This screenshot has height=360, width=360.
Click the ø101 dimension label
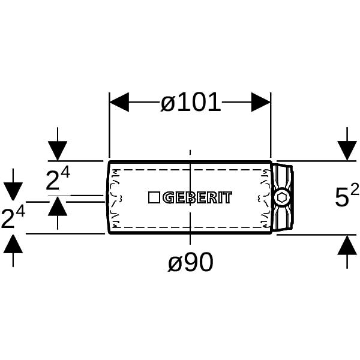tap(190, 103)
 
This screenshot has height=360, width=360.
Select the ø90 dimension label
tap(191, 262)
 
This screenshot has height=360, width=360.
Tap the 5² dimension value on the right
tap(347, 195)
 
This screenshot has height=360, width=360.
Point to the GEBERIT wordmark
tap(197, 197)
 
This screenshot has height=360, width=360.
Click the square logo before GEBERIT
tap(154, 197)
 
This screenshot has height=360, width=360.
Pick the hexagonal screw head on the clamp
tap(282, 197)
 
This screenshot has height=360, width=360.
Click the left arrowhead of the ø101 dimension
tap(119, 102)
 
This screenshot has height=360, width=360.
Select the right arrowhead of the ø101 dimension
tap(261, 102)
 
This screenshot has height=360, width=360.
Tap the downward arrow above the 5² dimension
tap(347, 144)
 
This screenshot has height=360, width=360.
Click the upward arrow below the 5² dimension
tap(347, 252)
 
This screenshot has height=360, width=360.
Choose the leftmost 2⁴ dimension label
tap(13, 218)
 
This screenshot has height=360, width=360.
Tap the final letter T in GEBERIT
tap(227, 197)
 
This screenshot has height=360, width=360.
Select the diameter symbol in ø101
tap(168, 104)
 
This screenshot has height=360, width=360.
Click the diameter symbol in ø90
tap(176, 263)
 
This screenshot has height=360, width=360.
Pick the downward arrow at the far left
tap(13, 185)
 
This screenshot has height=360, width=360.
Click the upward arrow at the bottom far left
tap(13, 251)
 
